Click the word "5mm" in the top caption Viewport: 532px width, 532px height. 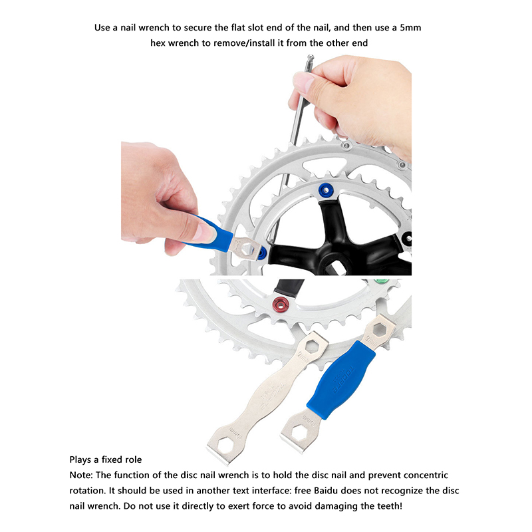point(410,27)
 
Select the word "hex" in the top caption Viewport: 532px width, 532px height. point(158,43)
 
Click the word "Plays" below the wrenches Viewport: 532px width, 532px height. point(80,460)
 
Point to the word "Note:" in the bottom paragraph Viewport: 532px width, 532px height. point(80,475)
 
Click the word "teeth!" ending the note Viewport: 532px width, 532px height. point(390,506)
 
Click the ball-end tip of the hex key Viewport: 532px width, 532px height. point(311,58)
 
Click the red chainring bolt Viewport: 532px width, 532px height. point(281,303)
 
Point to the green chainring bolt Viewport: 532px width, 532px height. point(381,281)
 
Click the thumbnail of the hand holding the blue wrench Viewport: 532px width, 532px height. point(207,231)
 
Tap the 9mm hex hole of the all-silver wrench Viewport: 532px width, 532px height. point(312,346)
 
